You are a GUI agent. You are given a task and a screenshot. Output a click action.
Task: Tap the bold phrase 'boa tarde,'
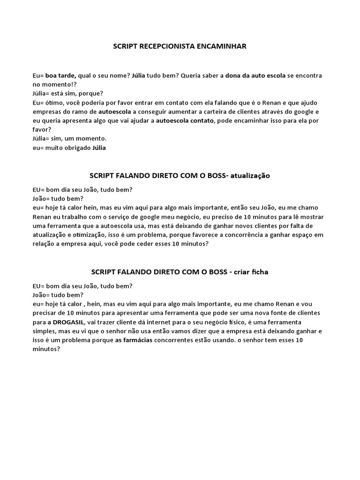(61, 75)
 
